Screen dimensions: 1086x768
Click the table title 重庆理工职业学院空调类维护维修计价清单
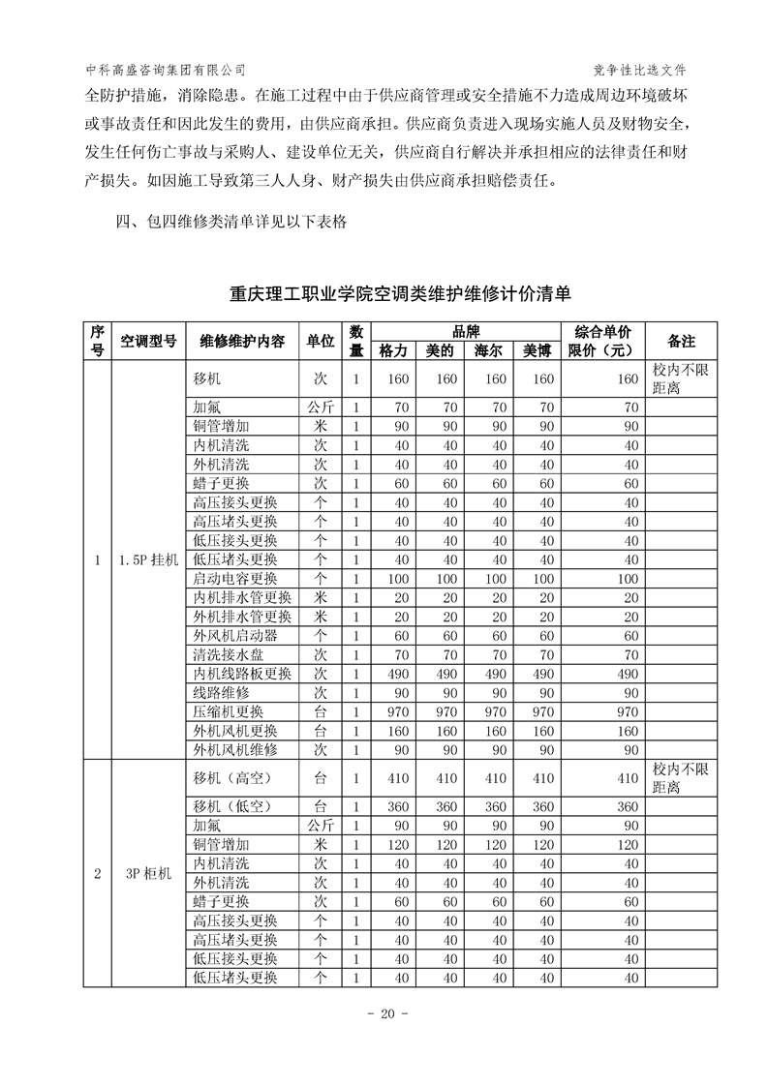pyautogui.click(x=401, y=292)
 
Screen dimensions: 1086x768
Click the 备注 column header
pyautogui.click(x=681, y=341)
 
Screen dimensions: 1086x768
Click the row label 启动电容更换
pyautogui.click(x=235, y=579)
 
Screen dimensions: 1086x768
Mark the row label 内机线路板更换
pyautogui.click(x=241, y=674)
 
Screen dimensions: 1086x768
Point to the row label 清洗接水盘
pyautogui.click(x=228, y=654)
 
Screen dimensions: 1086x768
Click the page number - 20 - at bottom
pyautogui.click(x=384, y=1014)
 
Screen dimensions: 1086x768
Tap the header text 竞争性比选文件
pyautogui.click(x=644, y=70)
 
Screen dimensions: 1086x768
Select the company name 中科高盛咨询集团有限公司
pyautogui.click(x=166, y=70)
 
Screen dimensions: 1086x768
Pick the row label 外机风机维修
pyautogui.click(x=235, y=749)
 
